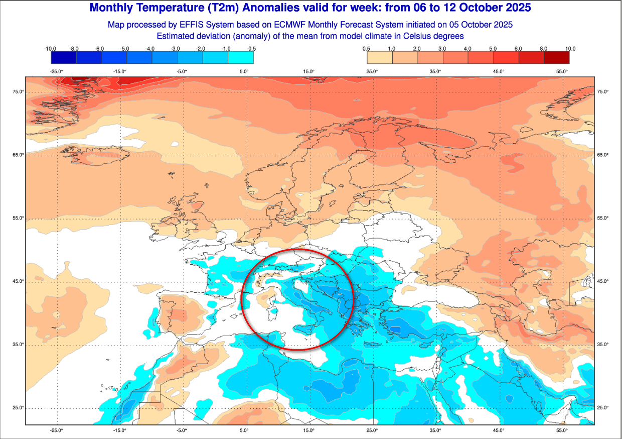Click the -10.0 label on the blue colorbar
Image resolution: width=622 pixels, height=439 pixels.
point(50,49)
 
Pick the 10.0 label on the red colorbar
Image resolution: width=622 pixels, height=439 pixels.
point(570,49)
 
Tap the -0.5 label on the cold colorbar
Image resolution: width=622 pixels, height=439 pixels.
point(252,49)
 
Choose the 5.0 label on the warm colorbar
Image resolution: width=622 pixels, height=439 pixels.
point(493,49)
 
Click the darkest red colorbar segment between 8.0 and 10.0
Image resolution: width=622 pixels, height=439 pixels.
point(557,58)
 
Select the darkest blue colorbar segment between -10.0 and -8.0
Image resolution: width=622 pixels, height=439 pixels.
point(64,58)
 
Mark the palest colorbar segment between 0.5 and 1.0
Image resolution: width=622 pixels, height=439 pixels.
point(380,58)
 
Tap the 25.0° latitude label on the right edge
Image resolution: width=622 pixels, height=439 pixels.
point(602,407)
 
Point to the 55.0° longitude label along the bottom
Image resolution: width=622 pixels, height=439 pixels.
point(562,430)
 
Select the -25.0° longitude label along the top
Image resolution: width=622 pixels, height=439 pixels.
point(57,71)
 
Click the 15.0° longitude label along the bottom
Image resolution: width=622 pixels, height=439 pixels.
point(309,430)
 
